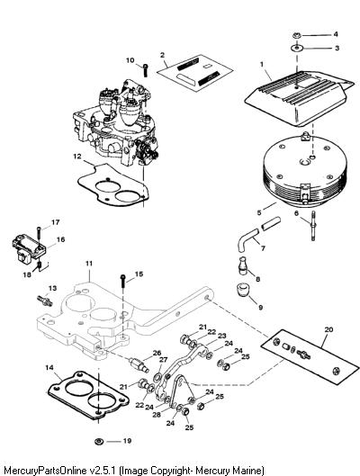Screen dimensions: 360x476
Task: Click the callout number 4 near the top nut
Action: [336, 34]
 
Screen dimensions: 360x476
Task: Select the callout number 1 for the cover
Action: [262, 65]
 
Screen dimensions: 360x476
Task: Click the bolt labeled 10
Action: [146, 70]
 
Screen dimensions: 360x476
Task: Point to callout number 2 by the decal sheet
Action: [162, 55]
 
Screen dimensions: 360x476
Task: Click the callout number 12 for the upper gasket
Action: [77, 156]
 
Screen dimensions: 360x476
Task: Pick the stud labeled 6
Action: [313, 225]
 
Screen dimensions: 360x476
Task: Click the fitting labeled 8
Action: [242, 266]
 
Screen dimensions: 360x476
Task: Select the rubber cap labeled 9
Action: [242, 290]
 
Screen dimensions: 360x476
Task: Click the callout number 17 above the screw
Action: [55, 222]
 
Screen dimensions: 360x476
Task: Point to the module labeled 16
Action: [29, 249]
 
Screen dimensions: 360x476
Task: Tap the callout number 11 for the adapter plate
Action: [88, 264]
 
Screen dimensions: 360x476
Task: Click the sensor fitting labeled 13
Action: [45, 301]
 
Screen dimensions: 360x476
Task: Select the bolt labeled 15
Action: [123, 282]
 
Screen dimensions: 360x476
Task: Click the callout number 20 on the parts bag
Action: [329, 329]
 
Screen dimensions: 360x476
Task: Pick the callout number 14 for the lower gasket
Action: [49, 368]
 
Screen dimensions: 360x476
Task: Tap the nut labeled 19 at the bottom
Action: [99, 441]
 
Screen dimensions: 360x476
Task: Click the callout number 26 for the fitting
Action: [157, 353]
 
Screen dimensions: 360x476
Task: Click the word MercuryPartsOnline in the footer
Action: [43, 471]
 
